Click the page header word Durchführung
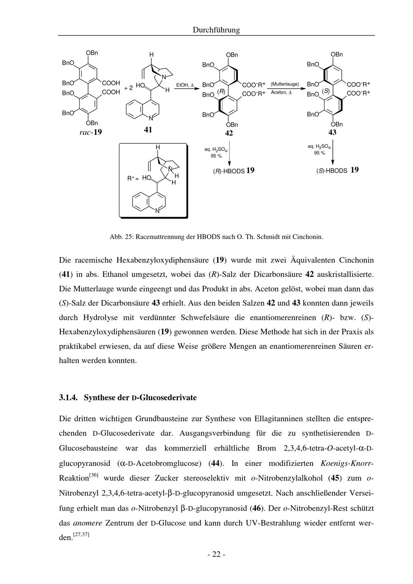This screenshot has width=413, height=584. (216, 30)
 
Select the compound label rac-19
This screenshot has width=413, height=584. (90, 132)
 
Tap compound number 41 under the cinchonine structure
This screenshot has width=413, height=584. (148, 130)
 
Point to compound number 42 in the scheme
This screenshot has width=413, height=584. (229, 133)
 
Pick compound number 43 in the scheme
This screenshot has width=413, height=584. (332, 132)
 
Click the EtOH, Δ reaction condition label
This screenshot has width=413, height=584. (185, 85)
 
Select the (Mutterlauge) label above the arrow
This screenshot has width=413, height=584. (285, 84)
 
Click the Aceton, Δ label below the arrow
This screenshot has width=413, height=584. (281, 92)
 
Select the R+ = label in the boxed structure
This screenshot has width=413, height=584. (133, 178)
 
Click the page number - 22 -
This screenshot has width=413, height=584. (216, 554)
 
